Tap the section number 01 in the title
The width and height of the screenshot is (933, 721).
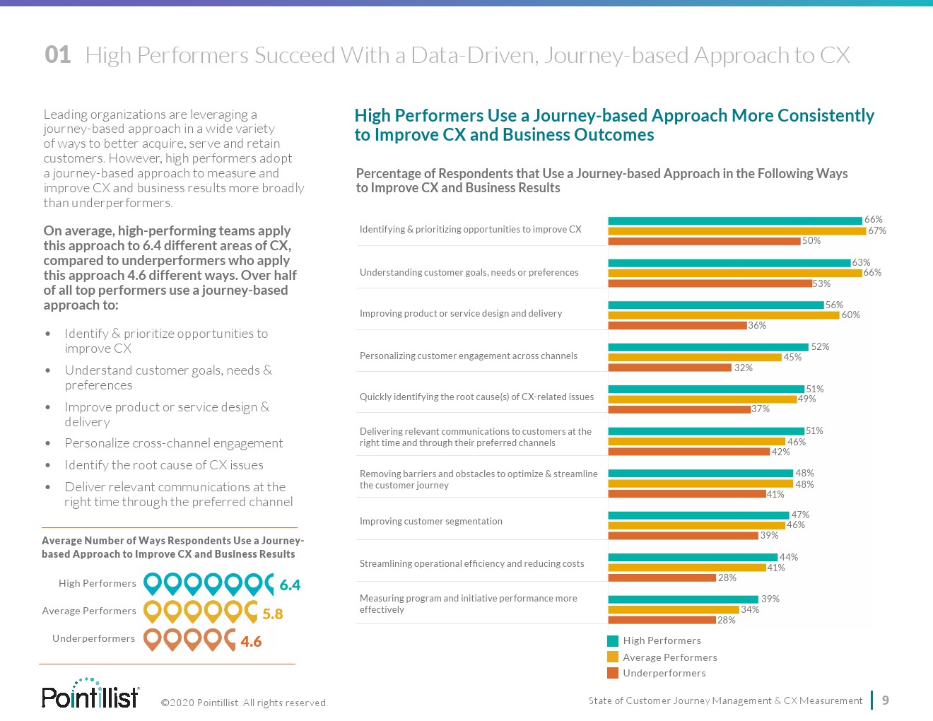coord(58,55)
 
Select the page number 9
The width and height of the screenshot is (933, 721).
coord(886,701)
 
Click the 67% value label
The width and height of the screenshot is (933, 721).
coord(876,230)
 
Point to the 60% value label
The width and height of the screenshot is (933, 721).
coord(850,315)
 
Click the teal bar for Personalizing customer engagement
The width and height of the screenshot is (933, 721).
coord(708,347)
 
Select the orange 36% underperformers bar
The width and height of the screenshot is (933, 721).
coord(677,326)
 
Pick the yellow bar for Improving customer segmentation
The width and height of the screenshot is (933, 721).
coord(697,525)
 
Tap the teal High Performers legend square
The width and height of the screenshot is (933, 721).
coord(613,641)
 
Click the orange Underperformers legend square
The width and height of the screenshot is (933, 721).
coord(613,673)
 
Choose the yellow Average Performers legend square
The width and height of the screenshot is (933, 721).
coord(613,657)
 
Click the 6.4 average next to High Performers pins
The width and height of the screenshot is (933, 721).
coord(290,585)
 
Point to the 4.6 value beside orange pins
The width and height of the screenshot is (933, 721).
coord(251,642)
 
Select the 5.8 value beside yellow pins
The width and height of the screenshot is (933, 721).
coord(272,614)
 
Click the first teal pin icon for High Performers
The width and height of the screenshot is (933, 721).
coord(153,584)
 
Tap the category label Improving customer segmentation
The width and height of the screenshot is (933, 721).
coord(430,522)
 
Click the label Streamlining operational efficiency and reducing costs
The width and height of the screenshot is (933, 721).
coord(471,564)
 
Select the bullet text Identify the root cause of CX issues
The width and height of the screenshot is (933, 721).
coord(164,465)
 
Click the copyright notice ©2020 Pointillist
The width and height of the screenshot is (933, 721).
coord(244,703)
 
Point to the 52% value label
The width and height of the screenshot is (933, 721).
coord(820,346)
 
